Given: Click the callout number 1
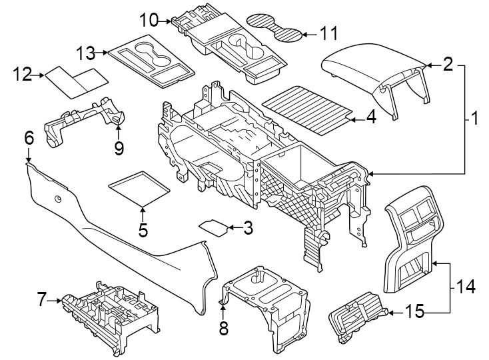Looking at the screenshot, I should click(x=474, y=119).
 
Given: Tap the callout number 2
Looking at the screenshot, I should click(x=448, y=64).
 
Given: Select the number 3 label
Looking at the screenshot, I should click(x=248, y=229).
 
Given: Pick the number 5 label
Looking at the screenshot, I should click(x=143, y=231).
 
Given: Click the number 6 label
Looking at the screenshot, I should click(x=29, y=138).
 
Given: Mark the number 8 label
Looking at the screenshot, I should click(x=223, y=327).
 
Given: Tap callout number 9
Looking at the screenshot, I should click(x=119, y=147).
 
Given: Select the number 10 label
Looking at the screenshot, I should click(x=149, y=20).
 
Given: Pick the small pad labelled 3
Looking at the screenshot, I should click(x=215, y=225).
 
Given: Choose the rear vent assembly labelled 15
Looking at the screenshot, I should click(x=356, y=319).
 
